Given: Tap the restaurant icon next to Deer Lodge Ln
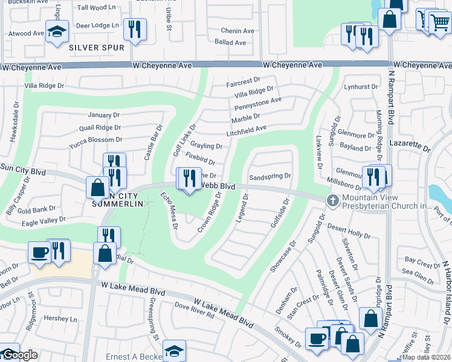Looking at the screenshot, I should [134, 30].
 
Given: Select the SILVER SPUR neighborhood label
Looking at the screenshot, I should [97, 47].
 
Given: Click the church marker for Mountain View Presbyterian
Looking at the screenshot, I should [332, 200].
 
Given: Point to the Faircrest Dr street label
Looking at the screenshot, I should [243, 80].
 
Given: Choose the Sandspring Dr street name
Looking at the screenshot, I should [270, 177].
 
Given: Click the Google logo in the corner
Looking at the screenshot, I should [19, 355].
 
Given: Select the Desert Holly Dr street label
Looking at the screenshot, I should [349, 230].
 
